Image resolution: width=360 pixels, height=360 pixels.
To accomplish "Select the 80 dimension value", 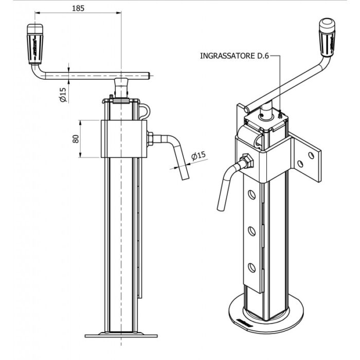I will tap(75, 139).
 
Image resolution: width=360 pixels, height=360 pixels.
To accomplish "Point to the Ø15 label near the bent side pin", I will tap(199, 155).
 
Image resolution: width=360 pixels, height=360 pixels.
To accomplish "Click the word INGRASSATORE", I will tap(226, 56).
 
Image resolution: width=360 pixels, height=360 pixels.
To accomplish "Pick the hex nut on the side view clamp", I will tap(150, 137).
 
